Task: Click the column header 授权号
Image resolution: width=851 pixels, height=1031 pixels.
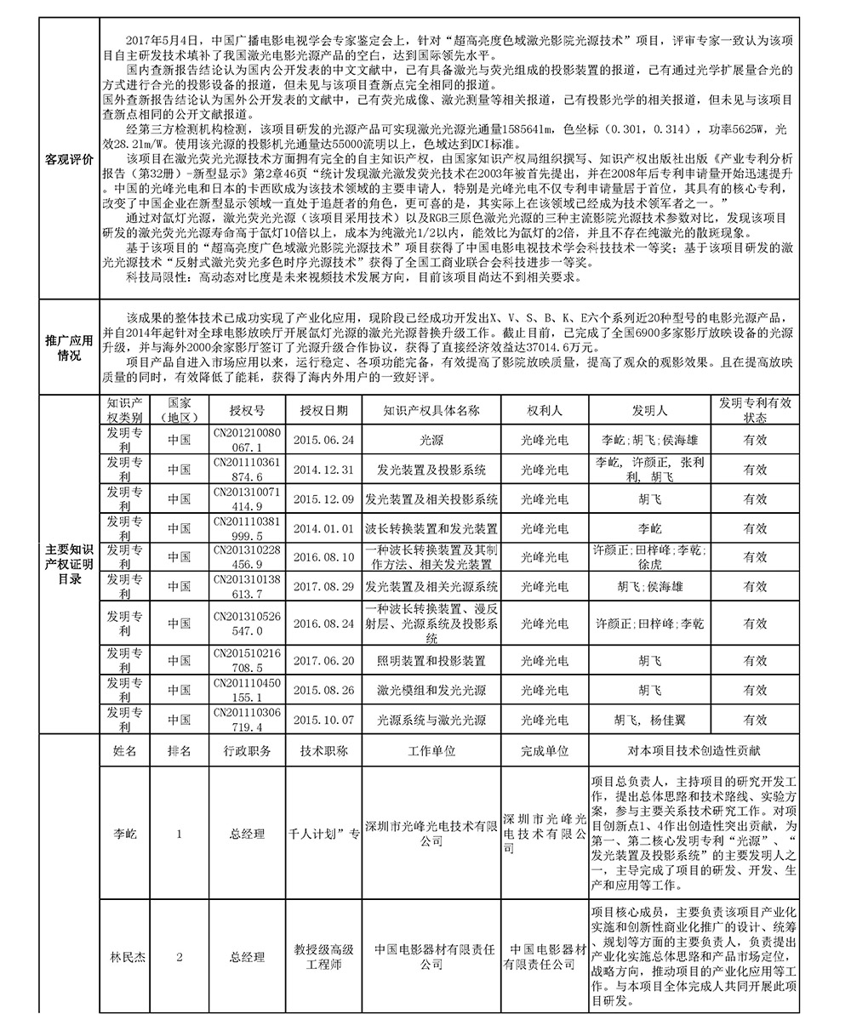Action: [247, 410]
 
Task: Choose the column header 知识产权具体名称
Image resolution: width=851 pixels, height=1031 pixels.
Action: [431, 410]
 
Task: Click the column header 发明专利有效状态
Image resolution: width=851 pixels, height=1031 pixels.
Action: [755, 410]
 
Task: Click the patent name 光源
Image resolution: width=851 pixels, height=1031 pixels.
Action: [431, 440]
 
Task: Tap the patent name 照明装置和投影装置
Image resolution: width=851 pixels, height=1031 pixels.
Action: [431, 660]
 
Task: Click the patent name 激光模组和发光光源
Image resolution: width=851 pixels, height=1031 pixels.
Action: [431, 690]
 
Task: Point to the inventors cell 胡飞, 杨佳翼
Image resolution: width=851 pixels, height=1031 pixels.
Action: [649, 720]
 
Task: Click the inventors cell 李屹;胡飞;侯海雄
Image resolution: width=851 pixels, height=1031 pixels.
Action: [649, 440]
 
